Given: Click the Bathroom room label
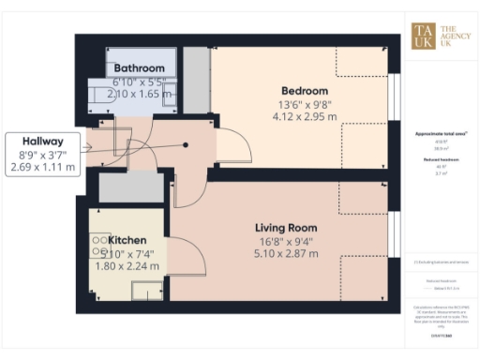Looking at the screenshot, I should point(140,68).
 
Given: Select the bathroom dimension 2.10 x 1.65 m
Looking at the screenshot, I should point(140,95).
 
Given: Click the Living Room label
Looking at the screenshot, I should point(286,228).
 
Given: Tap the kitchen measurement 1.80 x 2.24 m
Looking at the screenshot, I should point(129,265).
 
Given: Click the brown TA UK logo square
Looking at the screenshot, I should point(424,35).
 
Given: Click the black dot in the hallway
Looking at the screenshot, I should point(187,145).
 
